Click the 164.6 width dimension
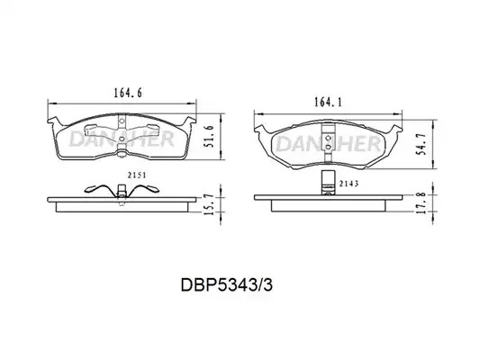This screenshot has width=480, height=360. pos(128,93)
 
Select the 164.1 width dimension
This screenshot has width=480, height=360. pos(328,103)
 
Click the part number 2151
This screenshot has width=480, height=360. pos(137,175)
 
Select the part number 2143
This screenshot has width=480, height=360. pos(349,184)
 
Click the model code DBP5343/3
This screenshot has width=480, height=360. pos(226,285)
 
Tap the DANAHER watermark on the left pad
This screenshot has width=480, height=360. pos(122,139)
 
